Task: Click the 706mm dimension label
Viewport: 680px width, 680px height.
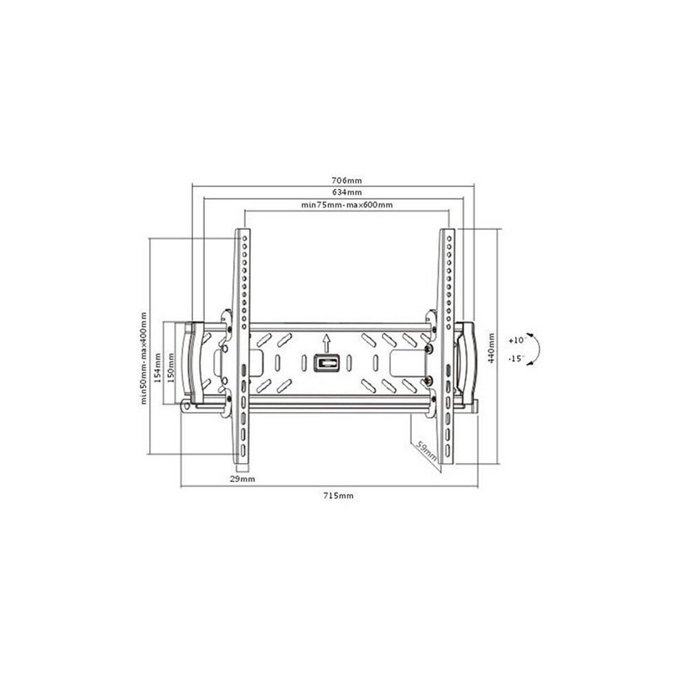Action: tap(347, 181)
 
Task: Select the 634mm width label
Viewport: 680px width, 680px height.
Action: tap(347, 192)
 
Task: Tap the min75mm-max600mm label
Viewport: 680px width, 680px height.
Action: tap(347, 205)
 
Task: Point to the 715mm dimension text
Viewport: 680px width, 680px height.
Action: tap(338, 496)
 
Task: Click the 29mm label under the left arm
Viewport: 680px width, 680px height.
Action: tap(242, 479)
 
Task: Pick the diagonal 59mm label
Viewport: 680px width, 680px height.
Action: tap(426, 452)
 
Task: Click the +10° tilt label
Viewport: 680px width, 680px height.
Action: tap(518, 341)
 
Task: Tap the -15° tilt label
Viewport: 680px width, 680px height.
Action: tap(517, 359)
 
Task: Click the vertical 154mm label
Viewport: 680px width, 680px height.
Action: tap(158, 368)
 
